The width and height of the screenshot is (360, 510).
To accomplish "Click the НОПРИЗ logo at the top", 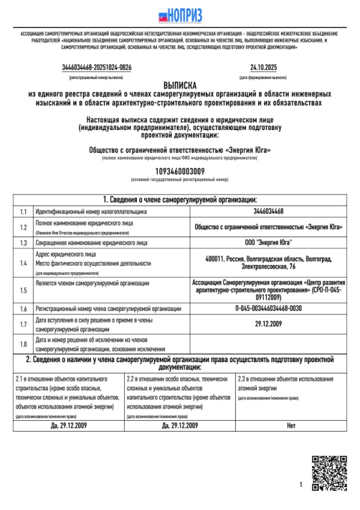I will [180, 14].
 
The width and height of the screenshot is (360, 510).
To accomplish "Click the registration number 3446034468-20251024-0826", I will [97, 67].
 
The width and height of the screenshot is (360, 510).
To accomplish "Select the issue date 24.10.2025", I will [263, 67].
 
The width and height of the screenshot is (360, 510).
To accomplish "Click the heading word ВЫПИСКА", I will [180, 84].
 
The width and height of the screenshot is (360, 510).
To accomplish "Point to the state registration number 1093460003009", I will [180, 171].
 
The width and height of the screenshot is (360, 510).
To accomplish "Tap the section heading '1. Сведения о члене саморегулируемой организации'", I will [180, 200].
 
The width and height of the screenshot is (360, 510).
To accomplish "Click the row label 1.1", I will [23, 212].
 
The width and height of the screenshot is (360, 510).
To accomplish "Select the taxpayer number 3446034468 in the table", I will [268, 212].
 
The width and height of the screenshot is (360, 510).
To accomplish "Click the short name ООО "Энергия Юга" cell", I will [268, 243].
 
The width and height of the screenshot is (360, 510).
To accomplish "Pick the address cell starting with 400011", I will [268, 262].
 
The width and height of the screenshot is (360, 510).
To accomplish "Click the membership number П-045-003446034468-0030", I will [268, 309].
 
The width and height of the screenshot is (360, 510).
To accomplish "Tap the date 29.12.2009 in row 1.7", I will [268, 324].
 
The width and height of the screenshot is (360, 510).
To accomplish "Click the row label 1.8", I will [23, 345].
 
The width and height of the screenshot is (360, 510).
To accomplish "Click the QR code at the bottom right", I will [329, 474].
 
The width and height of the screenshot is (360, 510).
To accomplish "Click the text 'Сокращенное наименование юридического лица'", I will [92, 243].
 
